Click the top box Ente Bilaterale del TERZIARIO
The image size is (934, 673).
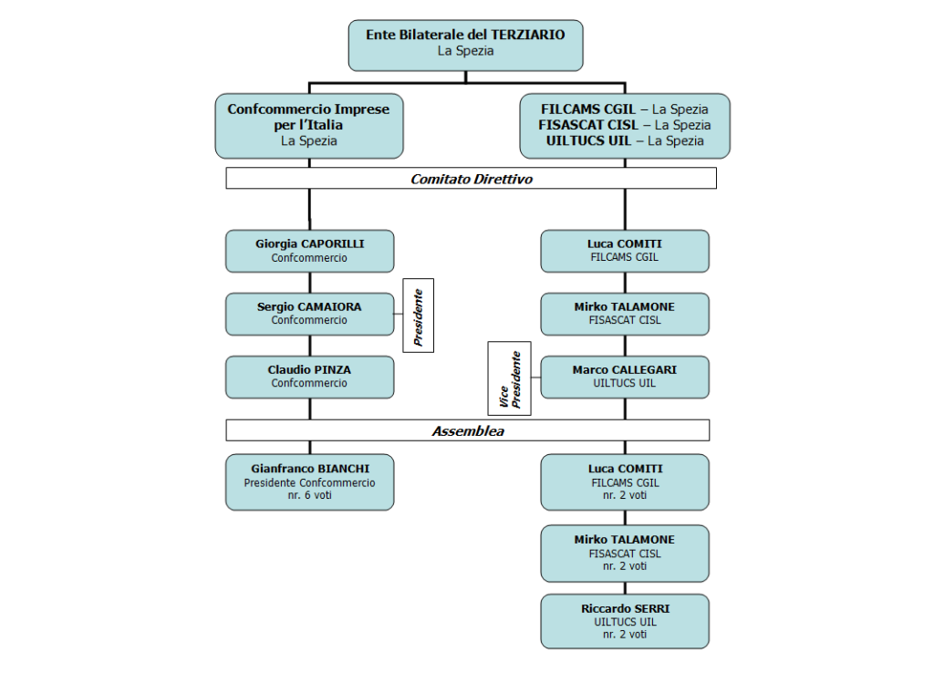click(x=465, y=46)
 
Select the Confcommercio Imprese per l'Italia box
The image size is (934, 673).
click(x=309, y=126)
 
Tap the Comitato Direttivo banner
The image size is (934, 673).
click(x=472, y=178)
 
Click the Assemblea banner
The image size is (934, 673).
click(x=468, y=430)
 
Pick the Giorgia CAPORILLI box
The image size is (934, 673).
click(x=310, y=251)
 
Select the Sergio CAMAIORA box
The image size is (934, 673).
click(x=310, y=314)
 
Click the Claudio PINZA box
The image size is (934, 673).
click(x=310, y=377)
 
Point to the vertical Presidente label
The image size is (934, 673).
click(x=418, y=315)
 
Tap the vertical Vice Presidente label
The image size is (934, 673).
click(x=509, y=378)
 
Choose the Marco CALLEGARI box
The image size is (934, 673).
click(x=625, y=377)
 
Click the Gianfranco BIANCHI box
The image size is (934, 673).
click(x=310, y=481)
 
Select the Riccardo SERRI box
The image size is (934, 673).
click(x=625, y=621)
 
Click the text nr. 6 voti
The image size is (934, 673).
click(x=310, y=495)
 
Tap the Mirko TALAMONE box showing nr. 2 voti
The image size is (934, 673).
click(x=625, y=553)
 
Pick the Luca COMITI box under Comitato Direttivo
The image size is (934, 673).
click(x=625, y=251)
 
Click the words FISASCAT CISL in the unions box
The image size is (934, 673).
click(x=588, y=125)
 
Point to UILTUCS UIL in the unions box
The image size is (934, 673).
click(x=588, y=141)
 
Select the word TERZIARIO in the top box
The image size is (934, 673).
click(x=528, y=35)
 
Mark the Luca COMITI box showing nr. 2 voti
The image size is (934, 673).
click(x=625, y=481)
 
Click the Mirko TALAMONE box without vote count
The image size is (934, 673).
click(x=625, y=314)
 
